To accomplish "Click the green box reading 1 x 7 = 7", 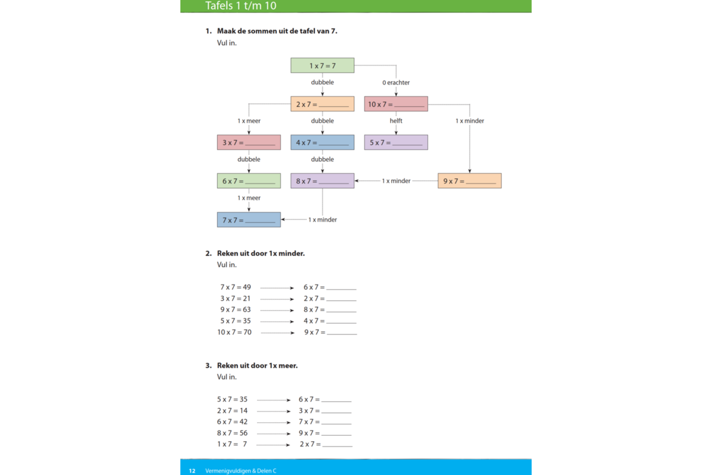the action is coord(322,65).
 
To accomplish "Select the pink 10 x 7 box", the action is coord(396,104).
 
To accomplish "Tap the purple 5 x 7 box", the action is coord(396,142).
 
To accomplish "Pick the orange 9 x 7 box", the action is coord(469,181).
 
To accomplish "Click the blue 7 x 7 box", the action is coord(249,220).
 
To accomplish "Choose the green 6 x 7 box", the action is coord(249,181).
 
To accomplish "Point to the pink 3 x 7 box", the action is coord(249,142).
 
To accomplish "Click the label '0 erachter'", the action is coord(396,83).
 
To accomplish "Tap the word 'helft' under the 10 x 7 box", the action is coord(396,121).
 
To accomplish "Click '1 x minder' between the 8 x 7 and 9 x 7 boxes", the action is coord(396,181).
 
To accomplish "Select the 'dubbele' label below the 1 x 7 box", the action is coord(322,83).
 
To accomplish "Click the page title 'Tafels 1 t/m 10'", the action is coord(241,6).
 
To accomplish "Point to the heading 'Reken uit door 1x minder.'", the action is coord(260,254).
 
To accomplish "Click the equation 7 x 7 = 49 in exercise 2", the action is coord(236,287).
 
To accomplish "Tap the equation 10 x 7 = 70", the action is coord(234,332).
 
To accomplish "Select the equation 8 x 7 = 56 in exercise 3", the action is coord(233,433).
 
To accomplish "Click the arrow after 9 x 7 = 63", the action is coord(277,310).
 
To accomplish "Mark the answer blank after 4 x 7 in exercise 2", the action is coord(341,322).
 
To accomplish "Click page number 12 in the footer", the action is coord(192,471).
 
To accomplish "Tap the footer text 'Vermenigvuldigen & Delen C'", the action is coord(241,471).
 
